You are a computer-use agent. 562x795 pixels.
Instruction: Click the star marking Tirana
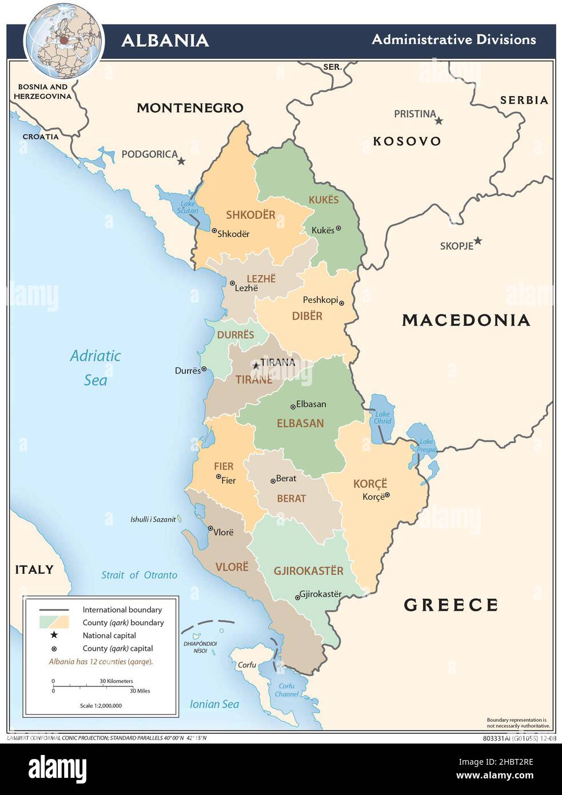point(256,365)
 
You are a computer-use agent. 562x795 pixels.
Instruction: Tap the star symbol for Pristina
point(439,121)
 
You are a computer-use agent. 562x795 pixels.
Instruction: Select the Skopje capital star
point(477,241)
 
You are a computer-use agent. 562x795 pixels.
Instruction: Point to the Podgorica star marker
point(181,161)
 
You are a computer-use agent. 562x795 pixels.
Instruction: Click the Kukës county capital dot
point(338,228)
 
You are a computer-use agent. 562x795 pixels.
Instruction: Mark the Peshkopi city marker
point(341,303)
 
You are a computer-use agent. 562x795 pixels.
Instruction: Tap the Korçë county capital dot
point(387,495)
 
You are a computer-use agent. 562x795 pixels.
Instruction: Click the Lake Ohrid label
point(382,418)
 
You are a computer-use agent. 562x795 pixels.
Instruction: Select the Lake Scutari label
point(188,208)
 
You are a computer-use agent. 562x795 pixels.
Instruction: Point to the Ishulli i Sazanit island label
point(153,519)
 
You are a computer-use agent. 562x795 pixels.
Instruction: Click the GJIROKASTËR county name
point(308,571)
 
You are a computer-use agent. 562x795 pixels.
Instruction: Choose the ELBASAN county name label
point(300,423)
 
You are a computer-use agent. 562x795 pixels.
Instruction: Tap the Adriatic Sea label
point(95,368)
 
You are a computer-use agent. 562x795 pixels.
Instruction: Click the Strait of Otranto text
point(139,575)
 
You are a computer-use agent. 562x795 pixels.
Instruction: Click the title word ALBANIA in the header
point(165,40)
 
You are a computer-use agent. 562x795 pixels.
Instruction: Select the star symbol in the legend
point(54,635)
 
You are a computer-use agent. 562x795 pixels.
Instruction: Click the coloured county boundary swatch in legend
point(54,622)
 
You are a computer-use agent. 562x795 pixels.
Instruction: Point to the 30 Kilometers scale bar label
point(116,681)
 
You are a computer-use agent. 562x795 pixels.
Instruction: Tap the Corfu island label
point(247,665)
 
